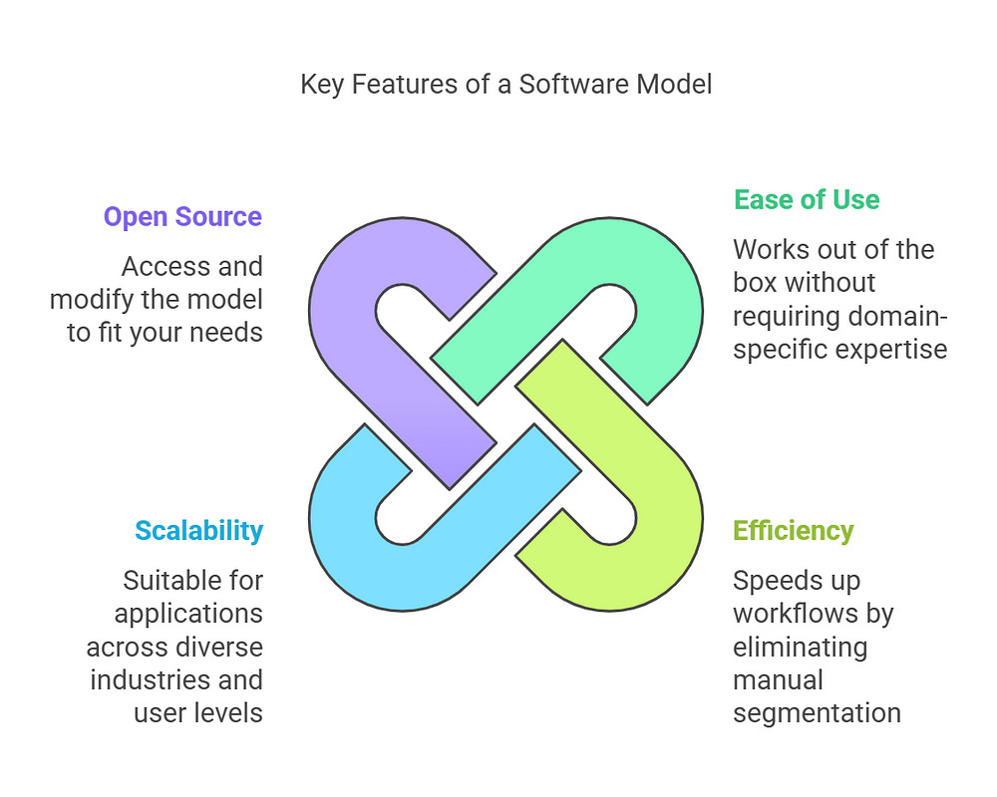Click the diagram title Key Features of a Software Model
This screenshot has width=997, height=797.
505,84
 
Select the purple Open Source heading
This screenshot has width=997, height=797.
182,217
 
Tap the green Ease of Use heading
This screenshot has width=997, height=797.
807,199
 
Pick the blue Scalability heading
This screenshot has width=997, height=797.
198,531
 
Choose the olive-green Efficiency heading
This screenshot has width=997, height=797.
794,530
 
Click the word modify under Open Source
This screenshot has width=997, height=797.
93,298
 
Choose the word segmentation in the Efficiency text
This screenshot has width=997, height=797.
817,713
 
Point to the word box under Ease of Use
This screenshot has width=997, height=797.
755,282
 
